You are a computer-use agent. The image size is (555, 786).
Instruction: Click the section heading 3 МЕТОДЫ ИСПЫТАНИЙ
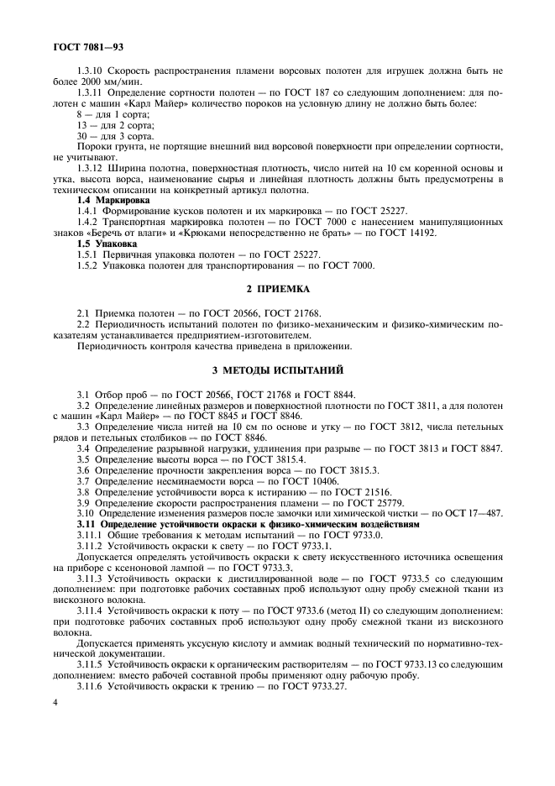[277, 369]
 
